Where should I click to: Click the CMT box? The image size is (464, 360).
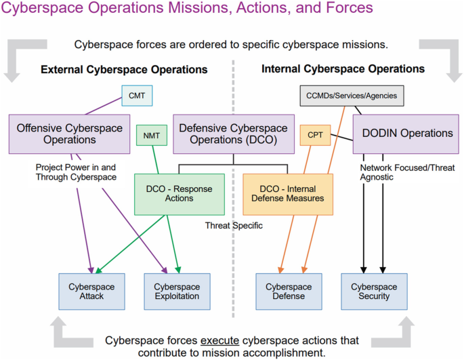pyautogui.click(x=137, y=96)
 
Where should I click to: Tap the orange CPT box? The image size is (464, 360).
pyautogui.click(x=315, y=135)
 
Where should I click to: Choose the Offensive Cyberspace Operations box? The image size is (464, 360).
pyautogui.click(x=70, y=134)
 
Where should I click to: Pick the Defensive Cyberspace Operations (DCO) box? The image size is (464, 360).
pyautogui.click(x=232, y=134)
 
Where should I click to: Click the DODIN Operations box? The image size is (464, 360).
pyautogui.click(x=405, y=134)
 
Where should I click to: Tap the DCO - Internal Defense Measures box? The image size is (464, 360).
pyautogui.click(x=288, y=193)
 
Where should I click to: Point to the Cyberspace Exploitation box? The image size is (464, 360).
pyautogui.click(x=177, y=292)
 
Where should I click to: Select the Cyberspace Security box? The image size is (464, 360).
pyautogui.click(x=374, y=292)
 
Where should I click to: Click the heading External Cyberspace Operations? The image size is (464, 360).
pyautogui.click(x=123, y=70)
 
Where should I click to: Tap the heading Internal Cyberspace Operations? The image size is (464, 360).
pyautogui.click(x=343, y=69)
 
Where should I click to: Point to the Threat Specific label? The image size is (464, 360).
pyautogui.click(x=234, y=226)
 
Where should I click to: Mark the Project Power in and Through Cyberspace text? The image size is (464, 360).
pyautogui.click(x=77, y=172)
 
